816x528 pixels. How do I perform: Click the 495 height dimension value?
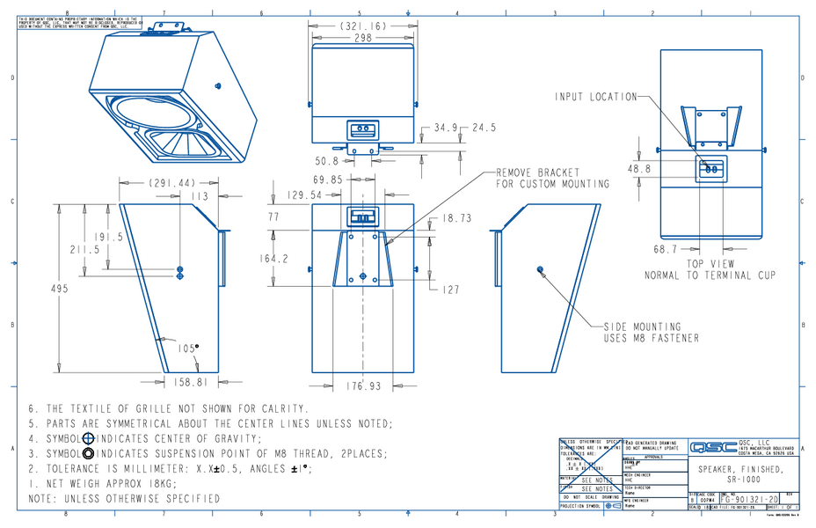59,290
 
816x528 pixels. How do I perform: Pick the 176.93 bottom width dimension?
363,385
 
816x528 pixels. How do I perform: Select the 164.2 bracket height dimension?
273,259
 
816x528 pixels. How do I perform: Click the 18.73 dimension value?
456,218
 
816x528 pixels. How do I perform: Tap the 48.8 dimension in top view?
639,168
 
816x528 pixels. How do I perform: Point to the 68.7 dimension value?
665,250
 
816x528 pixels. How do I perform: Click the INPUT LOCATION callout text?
594,96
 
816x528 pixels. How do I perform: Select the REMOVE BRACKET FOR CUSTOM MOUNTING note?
552,179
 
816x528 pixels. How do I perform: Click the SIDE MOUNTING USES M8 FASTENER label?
650,332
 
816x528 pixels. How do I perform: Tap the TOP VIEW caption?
710,264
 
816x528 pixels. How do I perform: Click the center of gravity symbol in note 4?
88,438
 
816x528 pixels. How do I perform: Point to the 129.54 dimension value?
307,194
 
